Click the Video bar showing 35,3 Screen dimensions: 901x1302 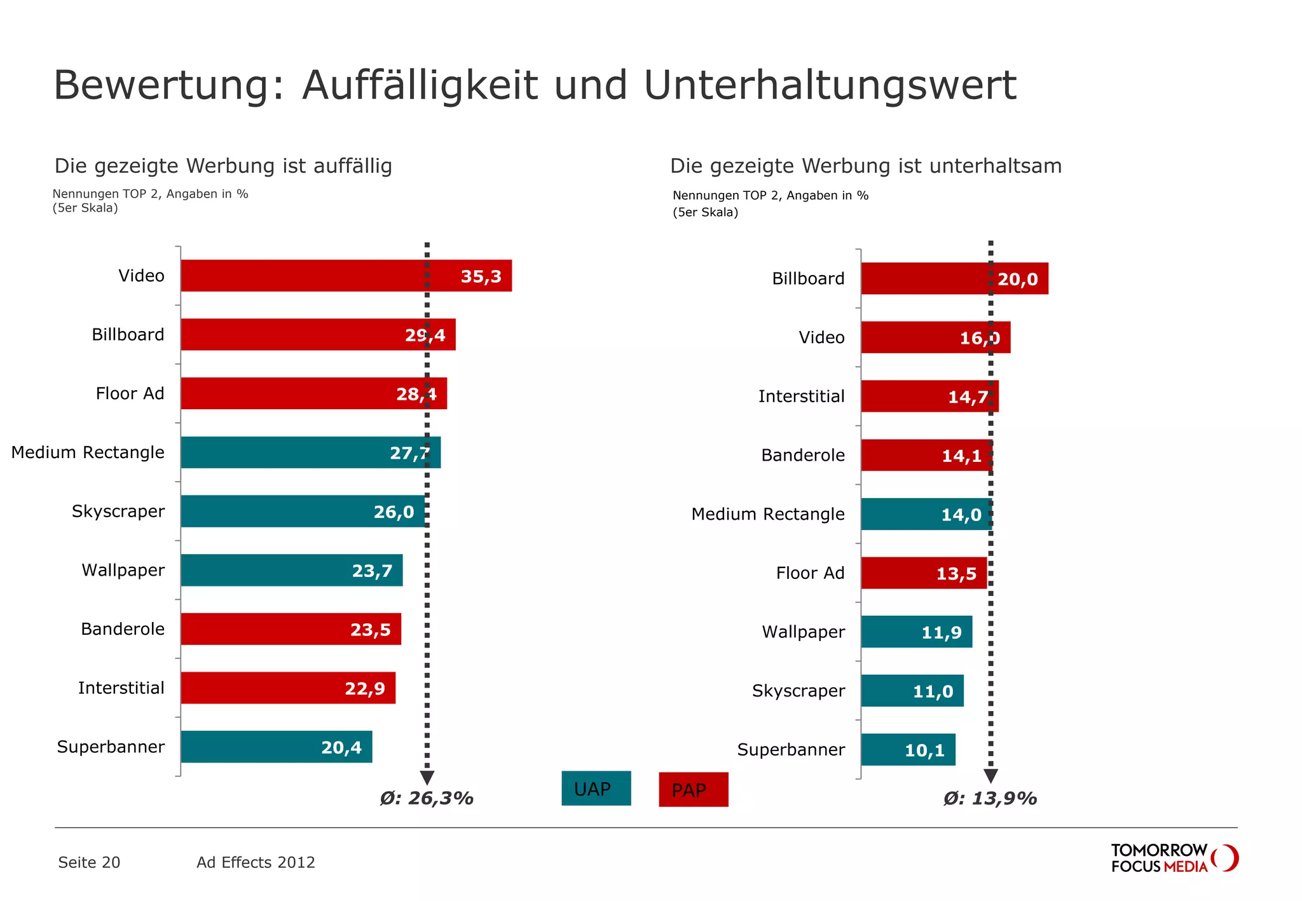pyautogui.click(x=346, y=276)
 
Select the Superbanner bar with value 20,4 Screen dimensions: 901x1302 pyautogui.click(x=276, y=747)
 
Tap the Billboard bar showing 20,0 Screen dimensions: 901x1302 pyautogui.click(x=954, y=279)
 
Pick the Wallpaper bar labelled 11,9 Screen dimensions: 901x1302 pyautogui.click(x=916, y=632)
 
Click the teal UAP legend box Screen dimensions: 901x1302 pyautogui.click(x=596, y=789)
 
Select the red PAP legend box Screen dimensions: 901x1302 pyautogui.click(x=693, y=790)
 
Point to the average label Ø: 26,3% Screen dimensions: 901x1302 pyautogui.click(x=427, y=799)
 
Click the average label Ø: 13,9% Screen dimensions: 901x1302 pyautogui.click(x=990, y=799)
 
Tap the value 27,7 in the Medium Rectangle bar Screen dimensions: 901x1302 pyautogui.click(x=409, y=453)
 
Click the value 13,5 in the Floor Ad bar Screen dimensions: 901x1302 pyautogui.click(x=956, y=574)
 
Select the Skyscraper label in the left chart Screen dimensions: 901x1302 pyautogui.click(x=118, y=511)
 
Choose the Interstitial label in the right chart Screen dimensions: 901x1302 pyautogui.click(x=801, y=396)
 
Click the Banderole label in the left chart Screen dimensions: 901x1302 pyautogui.click(x=123, y=629)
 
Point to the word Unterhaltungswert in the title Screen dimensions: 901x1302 pyautogui.click(x=830, y=85)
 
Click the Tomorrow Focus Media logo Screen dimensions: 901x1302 pyautogui.click(x=1174, y=858)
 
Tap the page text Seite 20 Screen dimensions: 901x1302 pyautogui.click(x=89, y=862)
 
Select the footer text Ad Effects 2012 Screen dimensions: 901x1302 pyautogui.click(x=256, y=862)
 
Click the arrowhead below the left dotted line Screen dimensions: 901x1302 pyautogui.click(x=427, y=777)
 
